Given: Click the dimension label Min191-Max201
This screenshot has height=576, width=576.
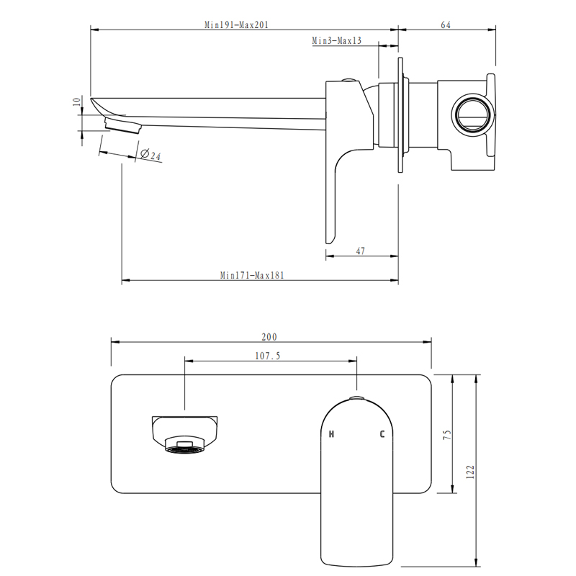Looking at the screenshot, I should pos(236,24).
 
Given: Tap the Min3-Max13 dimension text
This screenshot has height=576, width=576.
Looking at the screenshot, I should pos(336,41).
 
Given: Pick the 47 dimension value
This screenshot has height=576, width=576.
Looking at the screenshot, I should pos(361,251).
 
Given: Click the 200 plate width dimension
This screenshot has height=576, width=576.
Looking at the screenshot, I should pos(269,337).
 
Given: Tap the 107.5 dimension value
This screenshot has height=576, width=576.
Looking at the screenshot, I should pos(268,355).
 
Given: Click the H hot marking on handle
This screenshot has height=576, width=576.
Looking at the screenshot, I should pos(332,434).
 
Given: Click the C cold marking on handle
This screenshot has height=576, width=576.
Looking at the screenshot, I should pos(382,434).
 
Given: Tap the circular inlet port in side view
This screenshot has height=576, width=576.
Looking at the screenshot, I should pos(473,114).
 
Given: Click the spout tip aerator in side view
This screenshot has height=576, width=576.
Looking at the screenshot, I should pos(122,127).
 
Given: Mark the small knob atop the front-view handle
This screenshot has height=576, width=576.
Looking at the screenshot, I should pos(357,397).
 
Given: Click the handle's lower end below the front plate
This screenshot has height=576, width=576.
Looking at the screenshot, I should pos(357,533).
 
